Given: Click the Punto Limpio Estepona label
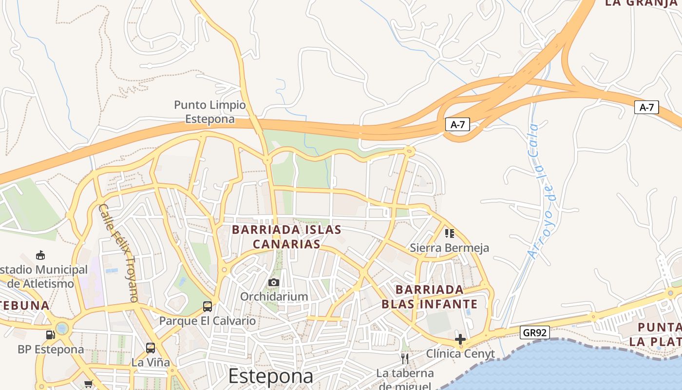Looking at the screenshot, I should (210, 112).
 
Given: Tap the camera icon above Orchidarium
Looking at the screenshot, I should (274, 282).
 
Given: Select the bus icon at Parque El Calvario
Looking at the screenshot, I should (208, 307).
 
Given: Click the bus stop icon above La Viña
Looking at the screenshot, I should (151, 348).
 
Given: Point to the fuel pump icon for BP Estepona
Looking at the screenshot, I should (50, 335).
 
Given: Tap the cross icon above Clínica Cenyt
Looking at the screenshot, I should (460, 339).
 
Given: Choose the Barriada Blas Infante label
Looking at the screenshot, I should (429, 297).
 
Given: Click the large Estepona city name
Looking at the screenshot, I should (270, 376).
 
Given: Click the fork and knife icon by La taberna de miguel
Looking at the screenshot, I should (404, 359).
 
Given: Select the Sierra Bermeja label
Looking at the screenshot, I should (449, 248).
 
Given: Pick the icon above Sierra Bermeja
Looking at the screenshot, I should (449, 234).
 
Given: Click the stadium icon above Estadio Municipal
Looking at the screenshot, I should (40, 255).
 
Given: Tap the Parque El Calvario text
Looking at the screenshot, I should (208, 321).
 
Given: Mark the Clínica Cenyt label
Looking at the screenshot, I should (460, 353).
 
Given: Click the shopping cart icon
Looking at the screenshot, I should (88, 384).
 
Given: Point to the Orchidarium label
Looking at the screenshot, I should (274, 296).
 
